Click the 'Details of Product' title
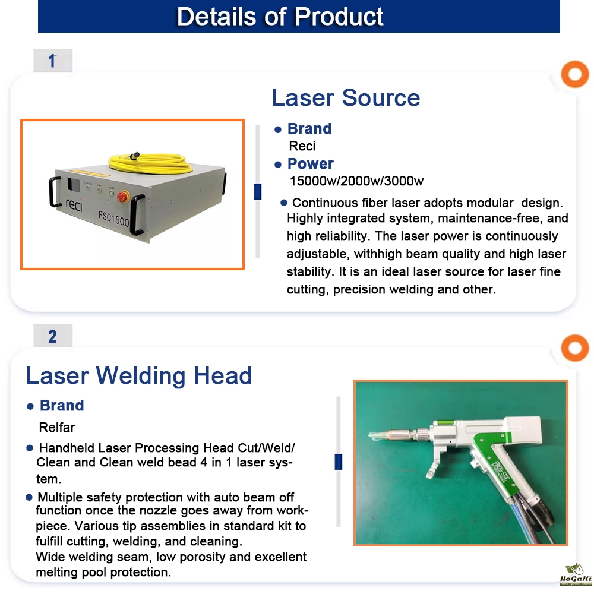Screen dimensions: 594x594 (x=280, y=17)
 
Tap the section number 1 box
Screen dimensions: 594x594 (x=53, y=61)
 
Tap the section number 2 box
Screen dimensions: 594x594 (x=53, y=336)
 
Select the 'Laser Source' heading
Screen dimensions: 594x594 (x=346, y=98)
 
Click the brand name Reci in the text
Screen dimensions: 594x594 (x=302, y=146)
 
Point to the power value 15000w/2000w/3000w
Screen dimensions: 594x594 (x=356, y=181)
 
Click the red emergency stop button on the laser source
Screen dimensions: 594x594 (x=123, y=197)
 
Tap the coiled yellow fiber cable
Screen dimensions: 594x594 (x=150, y=163)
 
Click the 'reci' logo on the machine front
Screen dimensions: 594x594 (x=74, y=204)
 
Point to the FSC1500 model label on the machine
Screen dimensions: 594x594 (x=113, y=219)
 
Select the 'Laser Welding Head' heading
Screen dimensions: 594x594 (x=138, y=376)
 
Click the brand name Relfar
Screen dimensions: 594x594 (x=57, y=427)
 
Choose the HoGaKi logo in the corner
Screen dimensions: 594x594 (x=576, y=574)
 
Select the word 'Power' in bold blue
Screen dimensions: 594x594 (x=310, y=164)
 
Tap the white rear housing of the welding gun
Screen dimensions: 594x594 (x=525, y=430)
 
